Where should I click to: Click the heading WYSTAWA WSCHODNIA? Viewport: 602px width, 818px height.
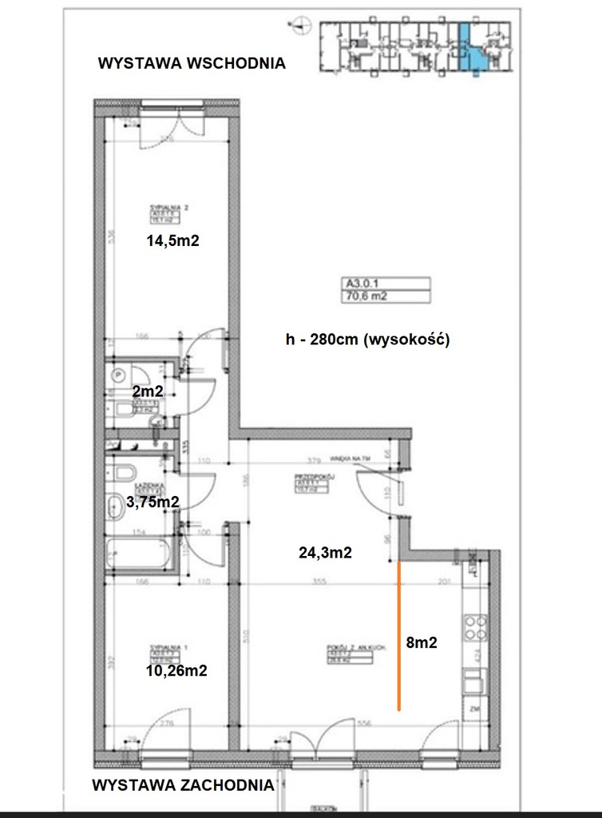[x=191, y=64]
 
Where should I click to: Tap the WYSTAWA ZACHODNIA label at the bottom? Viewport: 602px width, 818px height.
[x=183, y=784]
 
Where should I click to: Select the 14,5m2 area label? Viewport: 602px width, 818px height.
[x=171, y=242]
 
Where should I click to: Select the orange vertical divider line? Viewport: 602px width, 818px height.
[x=398, y=635]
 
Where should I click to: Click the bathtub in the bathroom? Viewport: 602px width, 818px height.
[x=141, y=554]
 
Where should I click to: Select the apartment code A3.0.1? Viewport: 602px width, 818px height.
[x=361, y=282]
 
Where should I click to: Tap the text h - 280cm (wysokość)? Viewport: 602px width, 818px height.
[x=369, y=340]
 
